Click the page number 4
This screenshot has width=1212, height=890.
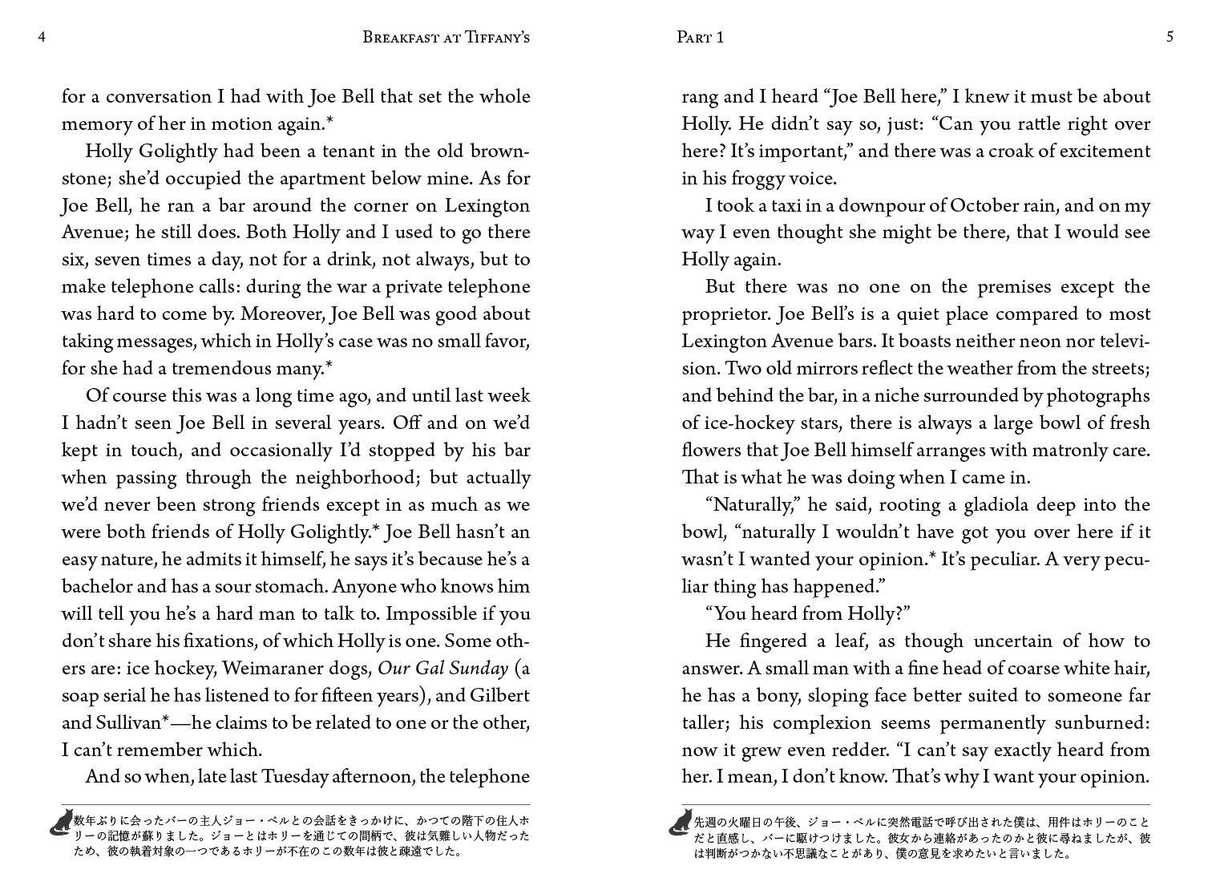point(41,37)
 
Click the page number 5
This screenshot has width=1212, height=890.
point(1170,37)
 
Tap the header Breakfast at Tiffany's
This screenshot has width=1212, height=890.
point(446,37)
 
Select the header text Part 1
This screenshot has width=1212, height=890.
point(700,37)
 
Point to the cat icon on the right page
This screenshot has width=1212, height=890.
point(681,822)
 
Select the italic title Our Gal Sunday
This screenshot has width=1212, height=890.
point(442,668)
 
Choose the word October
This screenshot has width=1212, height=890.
point(984,205)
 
